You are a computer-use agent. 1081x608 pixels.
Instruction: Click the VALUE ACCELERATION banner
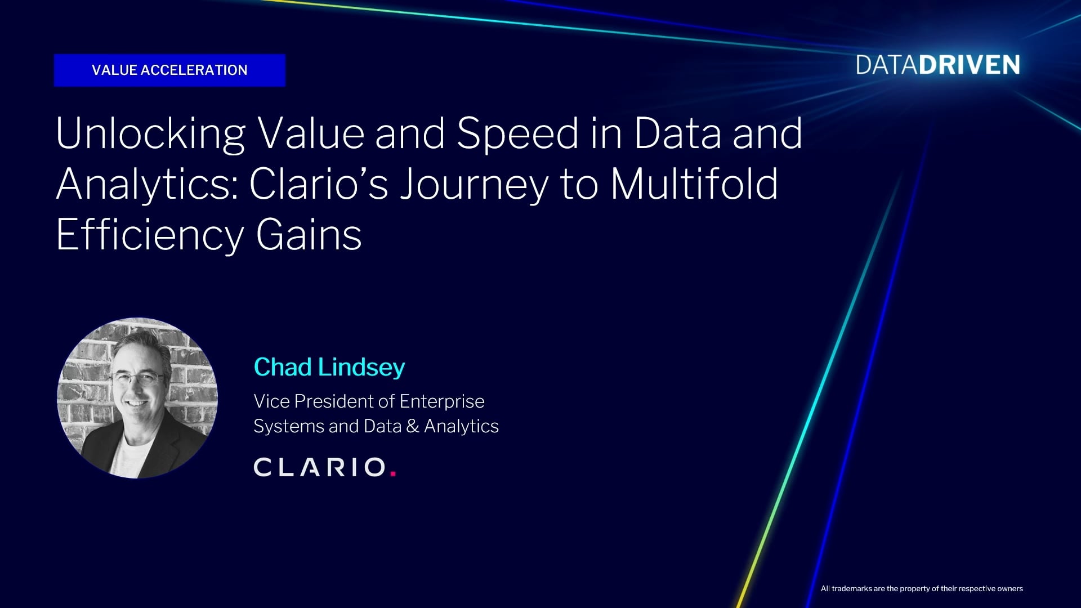click(169, 70)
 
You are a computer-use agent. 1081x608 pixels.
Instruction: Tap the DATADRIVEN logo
click(937, 65)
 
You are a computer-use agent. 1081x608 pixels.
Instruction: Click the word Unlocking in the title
click(150, 134)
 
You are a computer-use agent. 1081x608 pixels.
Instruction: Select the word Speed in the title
click(517, 133)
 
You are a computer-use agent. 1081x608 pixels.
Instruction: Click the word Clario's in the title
click(319, 184)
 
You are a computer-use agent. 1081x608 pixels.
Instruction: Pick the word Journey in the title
click(474, 185)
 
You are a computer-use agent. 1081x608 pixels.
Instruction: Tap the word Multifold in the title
click(694, 184)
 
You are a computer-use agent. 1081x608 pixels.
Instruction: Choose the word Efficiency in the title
click(150, 235)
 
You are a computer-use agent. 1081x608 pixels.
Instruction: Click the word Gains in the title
click(309, 235)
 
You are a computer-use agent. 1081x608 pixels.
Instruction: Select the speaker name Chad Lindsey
click(329, 367)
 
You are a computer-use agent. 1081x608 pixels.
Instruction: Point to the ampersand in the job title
click(413, 426)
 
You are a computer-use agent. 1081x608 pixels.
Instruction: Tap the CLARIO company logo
click(325, 467)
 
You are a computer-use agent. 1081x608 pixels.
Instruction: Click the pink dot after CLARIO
click(393, 474)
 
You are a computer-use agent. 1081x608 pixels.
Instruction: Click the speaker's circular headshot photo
click(137, 398)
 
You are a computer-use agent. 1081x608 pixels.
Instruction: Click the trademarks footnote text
click(922, 589)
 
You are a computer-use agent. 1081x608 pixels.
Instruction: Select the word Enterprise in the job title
click(442, 402)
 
